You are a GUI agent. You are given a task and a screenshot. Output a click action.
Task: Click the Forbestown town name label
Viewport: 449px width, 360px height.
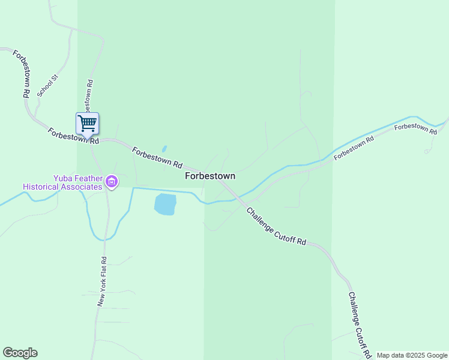click(x=210, y=176)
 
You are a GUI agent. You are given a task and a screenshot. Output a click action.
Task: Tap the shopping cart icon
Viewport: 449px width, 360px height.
click(x=88, y=124)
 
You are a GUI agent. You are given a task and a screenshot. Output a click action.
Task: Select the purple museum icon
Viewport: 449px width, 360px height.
click(x=111, y=182)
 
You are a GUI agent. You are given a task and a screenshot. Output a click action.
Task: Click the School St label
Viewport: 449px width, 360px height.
click(x=46, y=86)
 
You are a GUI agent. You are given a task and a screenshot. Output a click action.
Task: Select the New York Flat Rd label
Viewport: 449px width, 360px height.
click(x=103, y=282)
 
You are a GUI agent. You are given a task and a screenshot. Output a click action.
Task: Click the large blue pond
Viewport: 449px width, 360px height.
click(x=166, y=204)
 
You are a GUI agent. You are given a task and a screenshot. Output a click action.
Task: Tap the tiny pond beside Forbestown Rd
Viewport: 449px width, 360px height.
click(x=164, y=149)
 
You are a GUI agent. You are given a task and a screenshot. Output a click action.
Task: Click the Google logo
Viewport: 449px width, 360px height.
click(x=20, y=353)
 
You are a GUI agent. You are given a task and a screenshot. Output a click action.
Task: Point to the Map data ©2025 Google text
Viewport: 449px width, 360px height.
click(x=412, y=355)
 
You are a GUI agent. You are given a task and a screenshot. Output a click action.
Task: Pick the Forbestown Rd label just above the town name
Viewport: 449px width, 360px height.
click(x=157, y=157)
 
